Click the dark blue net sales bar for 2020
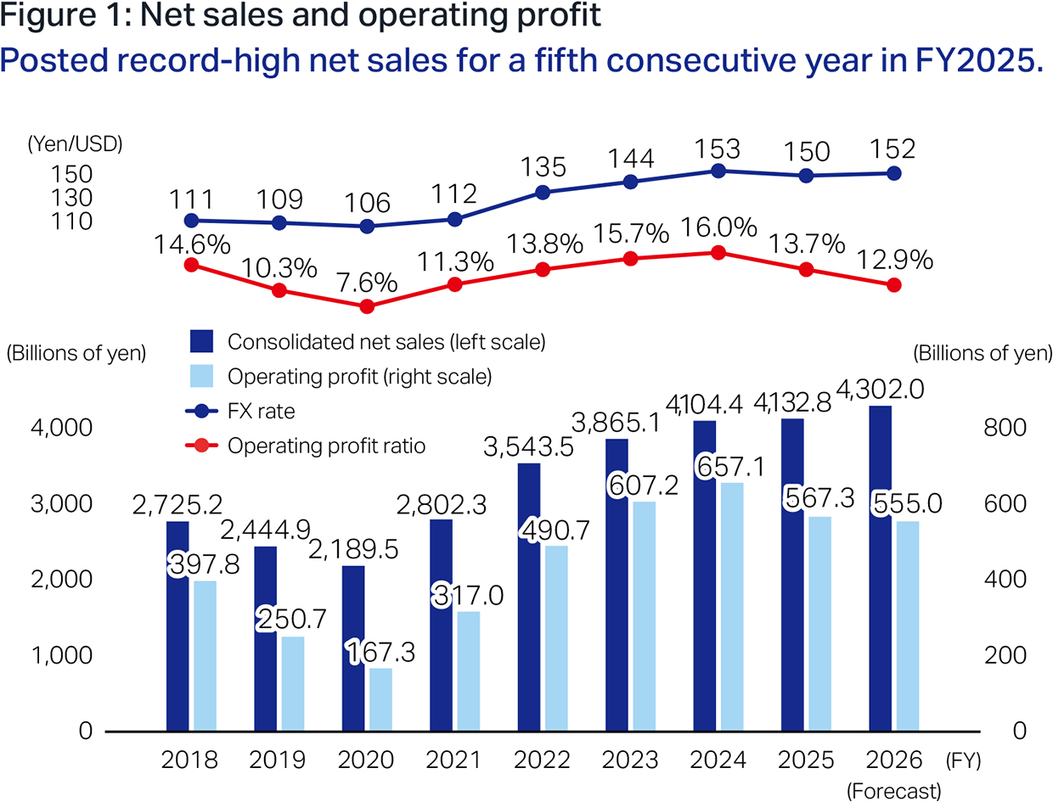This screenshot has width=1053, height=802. point(353,648)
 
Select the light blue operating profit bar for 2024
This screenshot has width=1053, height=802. point(732,607)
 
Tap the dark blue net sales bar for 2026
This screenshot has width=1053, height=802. point(881,569)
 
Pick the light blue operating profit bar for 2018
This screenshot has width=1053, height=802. point(205,656)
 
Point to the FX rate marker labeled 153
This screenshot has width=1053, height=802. point(718,171)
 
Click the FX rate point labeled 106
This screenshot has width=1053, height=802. point(367,227)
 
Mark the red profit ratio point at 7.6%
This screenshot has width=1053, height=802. point(367,306)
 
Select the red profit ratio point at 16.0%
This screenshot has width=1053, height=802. point(718,253)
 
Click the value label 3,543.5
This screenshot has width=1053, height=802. point(528,446)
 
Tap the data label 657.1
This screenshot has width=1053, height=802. point(730,467)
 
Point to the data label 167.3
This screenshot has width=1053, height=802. point(381,652)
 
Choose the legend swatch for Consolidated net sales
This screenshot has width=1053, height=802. point(201,341)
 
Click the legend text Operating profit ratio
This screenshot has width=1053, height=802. point(327,446)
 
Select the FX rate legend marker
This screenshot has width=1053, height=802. point(201,411)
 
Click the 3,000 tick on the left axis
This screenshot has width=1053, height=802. point(61,503)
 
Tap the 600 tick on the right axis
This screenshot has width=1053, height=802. point(1005,503)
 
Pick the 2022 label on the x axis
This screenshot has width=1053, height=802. point(542,760)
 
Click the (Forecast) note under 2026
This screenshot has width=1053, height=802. point(893,791)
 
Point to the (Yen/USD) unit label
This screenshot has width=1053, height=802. point(76,143)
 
